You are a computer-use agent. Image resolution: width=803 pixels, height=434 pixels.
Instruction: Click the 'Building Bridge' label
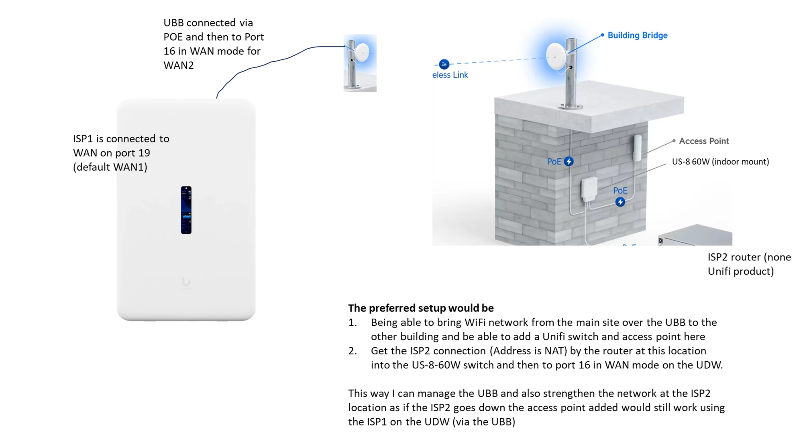click(x=637, y=35)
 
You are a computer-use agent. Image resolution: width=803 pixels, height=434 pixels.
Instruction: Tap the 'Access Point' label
click(x=703, y=141)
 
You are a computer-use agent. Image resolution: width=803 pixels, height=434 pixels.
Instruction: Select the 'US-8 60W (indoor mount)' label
click(x=720, y=162)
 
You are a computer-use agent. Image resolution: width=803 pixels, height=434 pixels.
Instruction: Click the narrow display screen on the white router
click(x=186, y=210)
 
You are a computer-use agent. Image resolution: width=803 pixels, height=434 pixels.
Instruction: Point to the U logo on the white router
click(x=186, y=283)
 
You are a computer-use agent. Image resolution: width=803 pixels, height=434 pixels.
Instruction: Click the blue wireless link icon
click(x=444, y=64)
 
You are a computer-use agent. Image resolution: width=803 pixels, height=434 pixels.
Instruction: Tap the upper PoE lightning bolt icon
click(x=569, y=162)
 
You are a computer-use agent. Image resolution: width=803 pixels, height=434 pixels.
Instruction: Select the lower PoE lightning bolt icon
click(x=620, y=202)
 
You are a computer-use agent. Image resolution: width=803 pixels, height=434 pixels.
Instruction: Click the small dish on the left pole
click(x=362, y=52)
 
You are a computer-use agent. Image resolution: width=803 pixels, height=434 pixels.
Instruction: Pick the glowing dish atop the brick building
click(x=556, y=56)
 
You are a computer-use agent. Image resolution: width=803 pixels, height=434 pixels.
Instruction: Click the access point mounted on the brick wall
click(x=638, y=147)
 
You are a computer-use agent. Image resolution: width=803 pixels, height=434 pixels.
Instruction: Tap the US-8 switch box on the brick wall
click(x=589, y=189)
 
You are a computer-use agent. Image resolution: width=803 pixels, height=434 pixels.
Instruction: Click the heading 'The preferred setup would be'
click(x=421, y=308)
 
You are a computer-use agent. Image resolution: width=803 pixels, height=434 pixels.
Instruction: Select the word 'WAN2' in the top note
click(x=179, y=65)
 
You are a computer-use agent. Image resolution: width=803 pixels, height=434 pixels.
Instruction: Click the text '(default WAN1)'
click(x=110, y=167)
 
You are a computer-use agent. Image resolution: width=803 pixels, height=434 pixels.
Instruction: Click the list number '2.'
click(x=353, y=351)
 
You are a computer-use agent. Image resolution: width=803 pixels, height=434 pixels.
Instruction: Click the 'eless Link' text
click(x=450, y=75)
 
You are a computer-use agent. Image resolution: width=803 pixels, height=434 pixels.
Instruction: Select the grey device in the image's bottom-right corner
click(x=695, y=236)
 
